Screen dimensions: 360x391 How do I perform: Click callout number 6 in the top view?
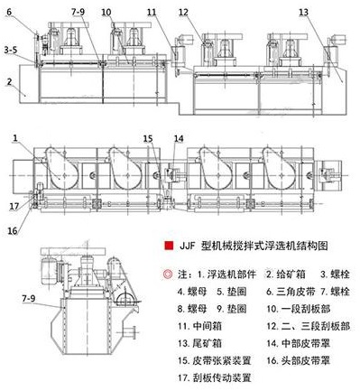(x=9, y=12)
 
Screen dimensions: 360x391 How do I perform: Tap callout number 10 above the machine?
(x=106, y=13)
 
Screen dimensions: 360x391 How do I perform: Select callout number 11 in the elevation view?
(x=152, y=13)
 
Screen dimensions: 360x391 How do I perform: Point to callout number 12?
(x=183, y=13)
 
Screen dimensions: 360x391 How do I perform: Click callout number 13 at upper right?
(x=304, y=13)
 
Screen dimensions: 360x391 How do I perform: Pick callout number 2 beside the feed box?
(x=9, y=81)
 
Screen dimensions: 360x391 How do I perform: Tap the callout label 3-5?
(x=11, y=50)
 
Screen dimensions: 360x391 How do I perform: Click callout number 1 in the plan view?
(x=15, y=138)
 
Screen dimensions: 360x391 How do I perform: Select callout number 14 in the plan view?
(x=179, y=138)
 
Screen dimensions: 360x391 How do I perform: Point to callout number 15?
(x=148, y=138)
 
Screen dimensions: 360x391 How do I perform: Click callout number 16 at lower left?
(x=13, y=230)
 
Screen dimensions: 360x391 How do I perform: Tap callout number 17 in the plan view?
(x=14, y=207)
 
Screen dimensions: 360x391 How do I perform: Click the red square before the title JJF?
(x=169, y=246)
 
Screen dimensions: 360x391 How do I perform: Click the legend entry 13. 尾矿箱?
(x=199, y=343)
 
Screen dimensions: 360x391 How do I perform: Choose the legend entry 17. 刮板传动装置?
(x=215, y=377)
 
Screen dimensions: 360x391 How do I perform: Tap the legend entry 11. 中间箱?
(x=199, y=326)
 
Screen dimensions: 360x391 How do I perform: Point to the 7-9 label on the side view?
(x=29, y=298)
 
